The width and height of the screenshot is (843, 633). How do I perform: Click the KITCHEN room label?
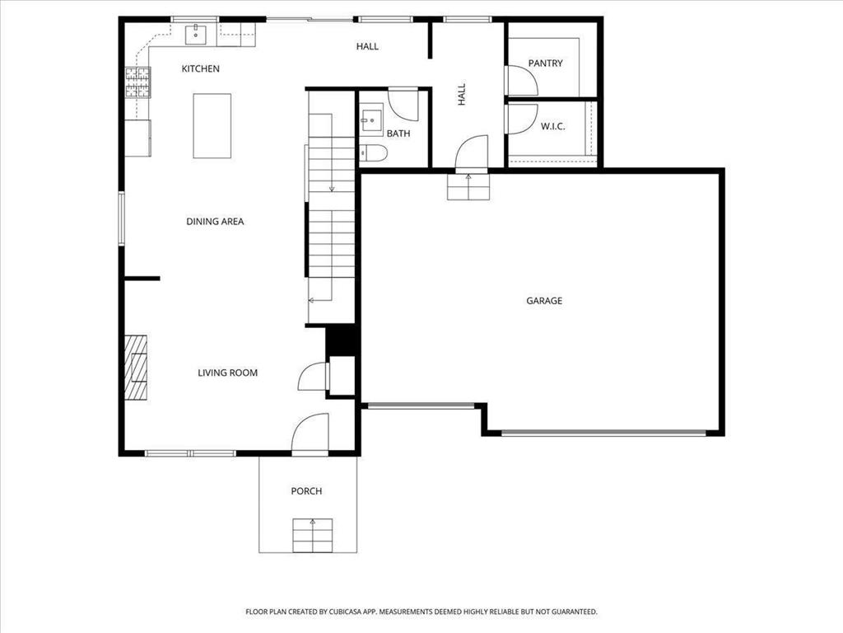[201, 68]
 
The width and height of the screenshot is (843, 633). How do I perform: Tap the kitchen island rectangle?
[212, 126]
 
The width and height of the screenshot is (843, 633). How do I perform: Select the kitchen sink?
[196, 35]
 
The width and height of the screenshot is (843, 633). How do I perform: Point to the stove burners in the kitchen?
[138, 82]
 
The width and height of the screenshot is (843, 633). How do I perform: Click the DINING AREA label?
[215, 221]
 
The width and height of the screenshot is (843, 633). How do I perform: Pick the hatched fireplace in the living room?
[136, 368]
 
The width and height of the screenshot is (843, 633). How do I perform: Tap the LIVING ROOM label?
[227, 373]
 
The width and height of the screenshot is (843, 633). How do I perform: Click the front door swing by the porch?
[310, 434]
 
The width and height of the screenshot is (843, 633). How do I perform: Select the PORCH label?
[306, 491]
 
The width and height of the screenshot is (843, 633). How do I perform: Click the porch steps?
[312, 535]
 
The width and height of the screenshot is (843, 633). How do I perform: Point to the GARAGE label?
[544, 300]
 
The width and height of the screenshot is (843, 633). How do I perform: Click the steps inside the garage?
[468, 187]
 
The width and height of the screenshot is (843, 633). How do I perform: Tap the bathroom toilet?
[373, 153]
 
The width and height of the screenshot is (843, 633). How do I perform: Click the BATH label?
[398, 134]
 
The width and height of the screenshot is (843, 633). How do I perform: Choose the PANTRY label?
[545, 63]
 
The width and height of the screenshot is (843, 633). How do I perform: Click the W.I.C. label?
[552, 126]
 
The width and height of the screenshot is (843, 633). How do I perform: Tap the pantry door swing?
[521, 81]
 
